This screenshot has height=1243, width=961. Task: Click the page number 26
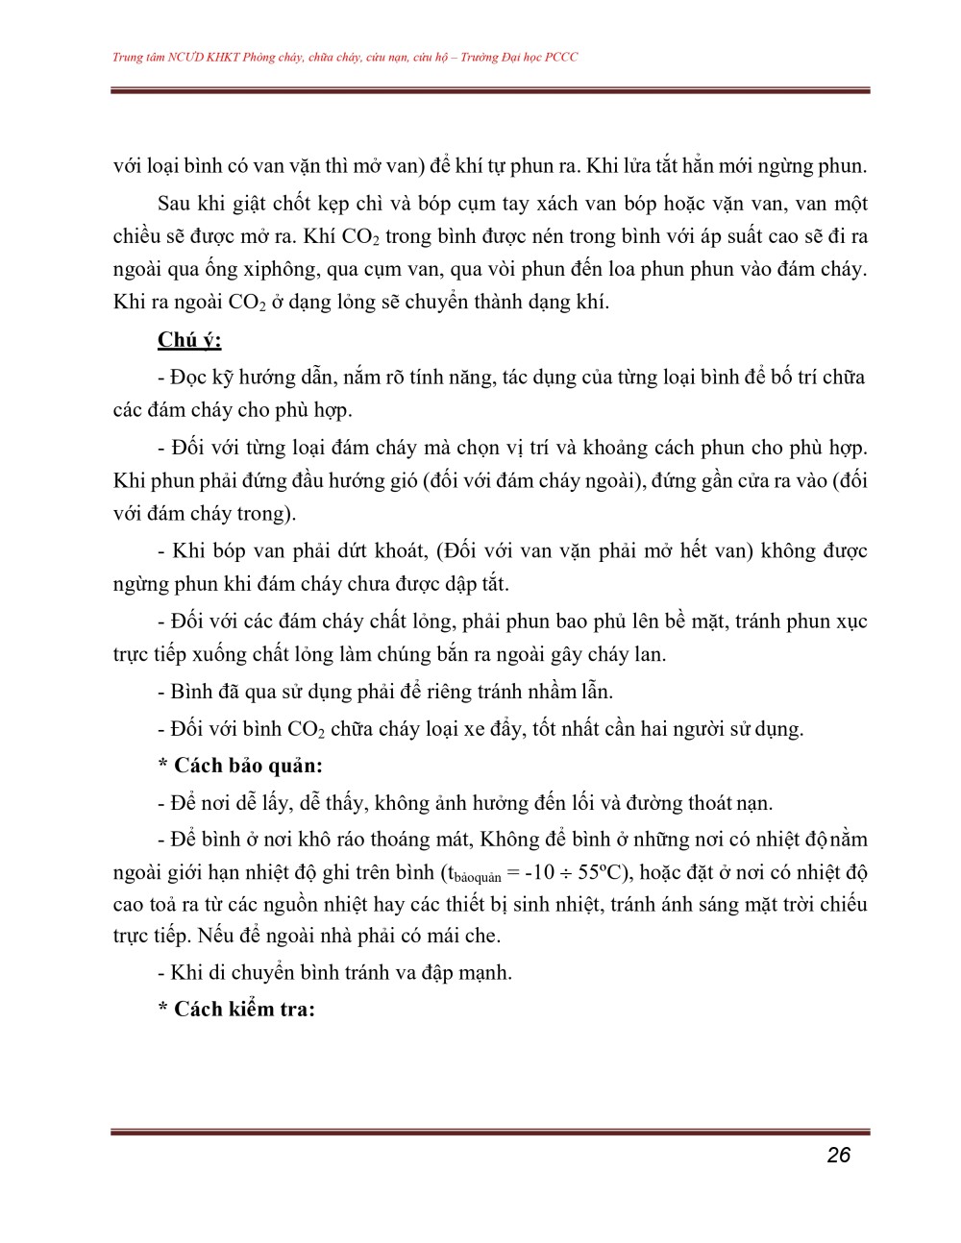[x=838, y=1155]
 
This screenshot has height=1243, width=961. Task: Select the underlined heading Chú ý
[x=189, y=340]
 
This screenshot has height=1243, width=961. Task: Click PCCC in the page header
[x=561, y=58]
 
